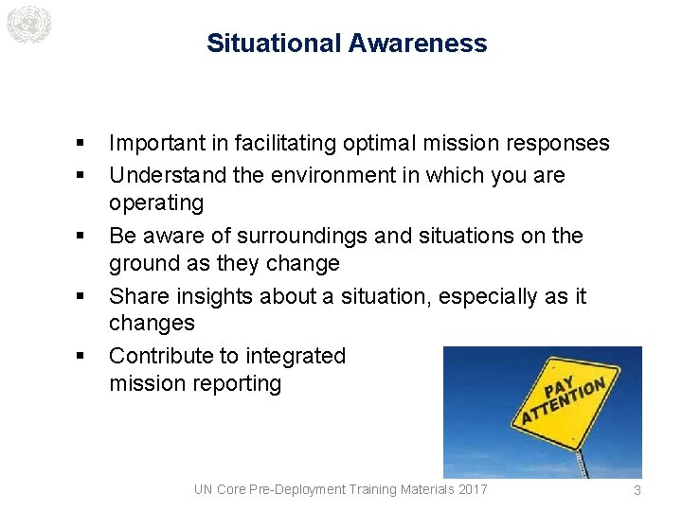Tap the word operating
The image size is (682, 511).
pos(156,203)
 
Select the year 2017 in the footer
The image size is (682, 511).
pos(471,489)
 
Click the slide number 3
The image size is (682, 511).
pos(637,490)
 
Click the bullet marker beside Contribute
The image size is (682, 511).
pos(81,357)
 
